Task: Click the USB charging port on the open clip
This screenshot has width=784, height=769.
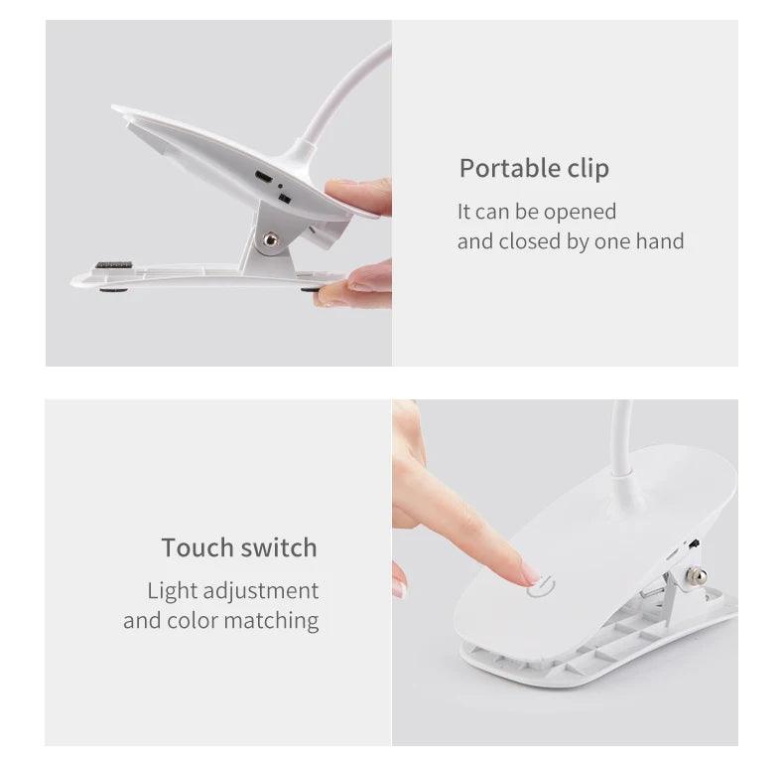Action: (264, 178)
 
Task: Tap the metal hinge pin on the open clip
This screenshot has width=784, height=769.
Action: (267, 239)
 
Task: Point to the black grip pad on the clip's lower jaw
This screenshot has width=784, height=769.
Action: (113, 266)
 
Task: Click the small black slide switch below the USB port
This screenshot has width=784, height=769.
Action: (285, 200)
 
